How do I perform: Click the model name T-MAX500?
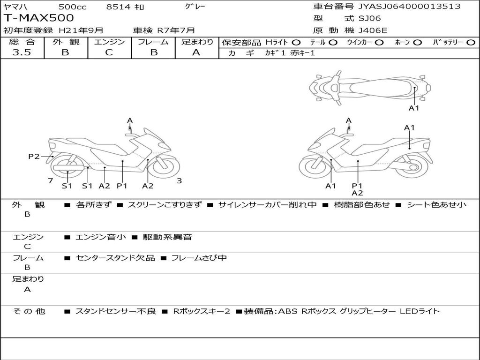(x=39, y=18)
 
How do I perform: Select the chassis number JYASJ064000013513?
(x=409, y=6)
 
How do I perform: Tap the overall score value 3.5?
(x=22, y=52)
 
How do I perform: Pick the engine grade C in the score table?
(x=109, y=52)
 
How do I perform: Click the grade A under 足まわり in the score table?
(x=196, y=52)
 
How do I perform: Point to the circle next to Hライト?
(x=296, y=42)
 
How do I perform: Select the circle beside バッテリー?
(x=471, y=42)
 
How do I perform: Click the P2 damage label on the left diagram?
(x=34, y=157)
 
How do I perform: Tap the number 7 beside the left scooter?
(x=50, y=181)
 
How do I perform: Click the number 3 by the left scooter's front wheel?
(x=179, y=181)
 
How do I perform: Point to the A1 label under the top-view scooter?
(x=414, y=108)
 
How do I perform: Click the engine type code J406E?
(x=373, y=30)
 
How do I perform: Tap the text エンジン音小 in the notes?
(x=101, y=237)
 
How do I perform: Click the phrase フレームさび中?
(x=199, y=258)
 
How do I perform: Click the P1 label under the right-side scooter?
(x=357, y=186)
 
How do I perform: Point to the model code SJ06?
(x=370, y=19)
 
